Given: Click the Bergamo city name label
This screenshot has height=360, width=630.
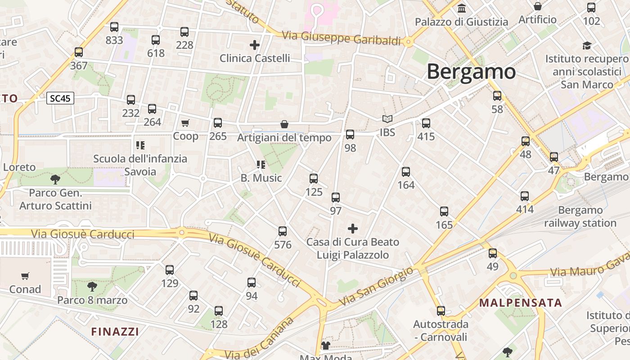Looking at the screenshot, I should [471, 72].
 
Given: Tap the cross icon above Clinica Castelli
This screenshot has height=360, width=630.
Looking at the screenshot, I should [255, 45].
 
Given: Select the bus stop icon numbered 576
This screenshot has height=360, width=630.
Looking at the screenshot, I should [283, 231].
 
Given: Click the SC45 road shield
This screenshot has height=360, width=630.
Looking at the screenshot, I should [60, 98].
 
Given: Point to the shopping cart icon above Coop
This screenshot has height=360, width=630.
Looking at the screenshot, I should [185, 123].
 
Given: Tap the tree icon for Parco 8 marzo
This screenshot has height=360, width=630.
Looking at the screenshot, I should [92, 286].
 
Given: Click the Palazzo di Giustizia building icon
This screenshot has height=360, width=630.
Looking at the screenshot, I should [461, 9].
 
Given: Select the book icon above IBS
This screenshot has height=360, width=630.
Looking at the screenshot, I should [387, 119].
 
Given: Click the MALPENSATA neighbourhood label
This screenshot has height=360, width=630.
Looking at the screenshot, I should [521, 302].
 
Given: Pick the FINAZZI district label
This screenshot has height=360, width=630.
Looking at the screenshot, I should [115, 332].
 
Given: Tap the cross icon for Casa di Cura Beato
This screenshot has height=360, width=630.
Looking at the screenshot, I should [353, 229].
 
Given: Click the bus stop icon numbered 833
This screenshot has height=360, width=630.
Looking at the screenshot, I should [114, 27].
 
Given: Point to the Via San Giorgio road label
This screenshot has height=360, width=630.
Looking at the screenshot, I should [376, 286].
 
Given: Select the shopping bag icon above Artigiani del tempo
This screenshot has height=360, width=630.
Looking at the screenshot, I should [284, 124].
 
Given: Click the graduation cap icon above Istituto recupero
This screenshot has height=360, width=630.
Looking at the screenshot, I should [587, 45].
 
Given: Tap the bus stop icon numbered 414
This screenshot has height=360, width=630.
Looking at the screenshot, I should [525, 196].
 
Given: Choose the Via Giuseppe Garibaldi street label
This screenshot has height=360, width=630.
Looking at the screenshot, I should [341, 38].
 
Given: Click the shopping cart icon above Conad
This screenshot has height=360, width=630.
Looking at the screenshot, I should [25, 276].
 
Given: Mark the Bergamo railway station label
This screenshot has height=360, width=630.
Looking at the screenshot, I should [580, 216].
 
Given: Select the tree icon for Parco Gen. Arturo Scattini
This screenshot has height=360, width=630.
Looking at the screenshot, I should [55, 180].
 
